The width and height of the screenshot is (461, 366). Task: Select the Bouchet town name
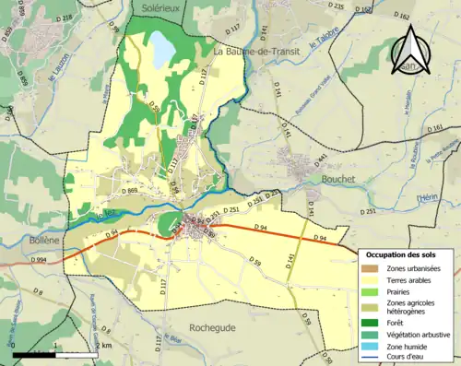(339, 180)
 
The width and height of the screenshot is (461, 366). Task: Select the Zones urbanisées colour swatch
(374, 267)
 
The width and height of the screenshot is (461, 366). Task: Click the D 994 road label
(38, 261)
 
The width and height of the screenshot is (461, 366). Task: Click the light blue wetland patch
(162, 48)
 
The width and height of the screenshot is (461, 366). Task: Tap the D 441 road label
(321, 161)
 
